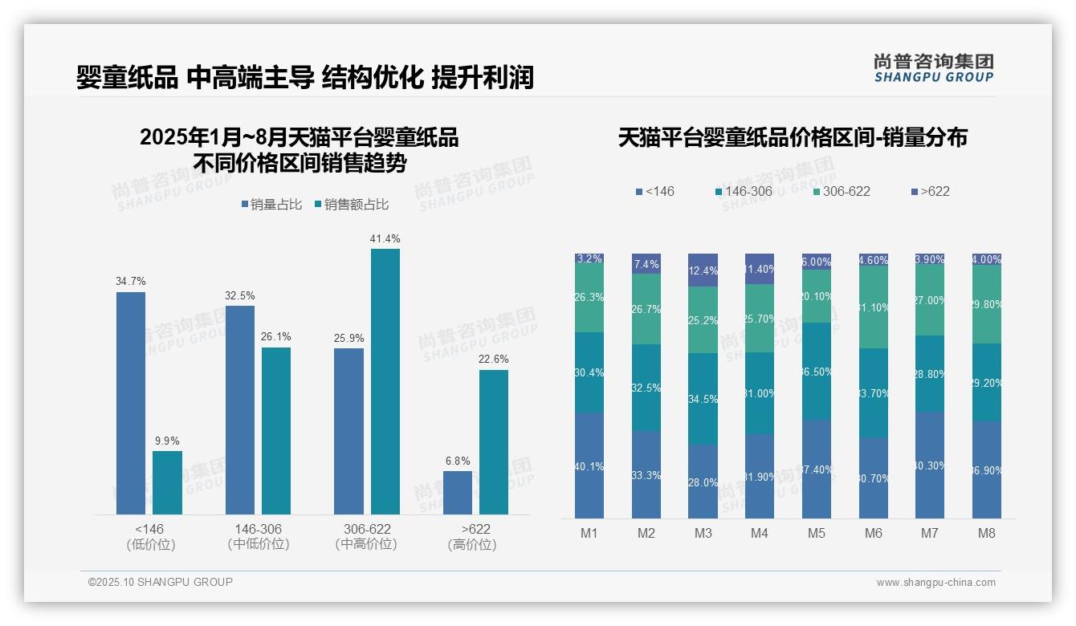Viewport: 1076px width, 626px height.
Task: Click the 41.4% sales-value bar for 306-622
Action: (385, 381)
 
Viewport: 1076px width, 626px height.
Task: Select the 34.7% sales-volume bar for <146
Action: (131, 403)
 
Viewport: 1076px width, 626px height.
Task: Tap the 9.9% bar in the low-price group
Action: (167, 482)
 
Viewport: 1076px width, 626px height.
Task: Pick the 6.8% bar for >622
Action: (458, 492)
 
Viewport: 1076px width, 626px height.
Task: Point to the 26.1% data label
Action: (275, 336)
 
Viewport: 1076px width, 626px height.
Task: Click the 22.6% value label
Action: (493, 359)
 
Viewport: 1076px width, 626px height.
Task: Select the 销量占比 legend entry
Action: (271, 205)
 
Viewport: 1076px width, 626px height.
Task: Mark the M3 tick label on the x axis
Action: (703, 533)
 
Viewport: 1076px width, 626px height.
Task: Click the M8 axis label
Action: (987, 533)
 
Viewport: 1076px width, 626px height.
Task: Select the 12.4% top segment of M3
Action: (703, 270)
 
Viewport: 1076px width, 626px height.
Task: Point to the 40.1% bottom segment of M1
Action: (589, 465)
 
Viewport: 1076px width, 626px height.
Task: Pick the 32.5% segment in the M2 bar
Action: (646, 388)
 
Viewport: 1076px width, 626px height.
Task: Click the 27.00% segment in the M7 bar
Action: (930, 300)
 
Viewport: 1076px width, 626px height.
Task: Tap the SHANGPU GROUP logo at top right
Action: (933, 68)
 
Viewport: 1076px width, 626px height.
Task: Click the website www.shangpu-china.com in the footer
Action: (935, 583)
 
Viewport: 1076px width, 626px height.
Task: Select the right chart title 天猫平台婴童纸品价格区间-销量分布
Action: (793, 137)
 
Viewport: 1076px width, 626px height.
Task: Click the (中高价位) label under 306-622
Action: (366, 544)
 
